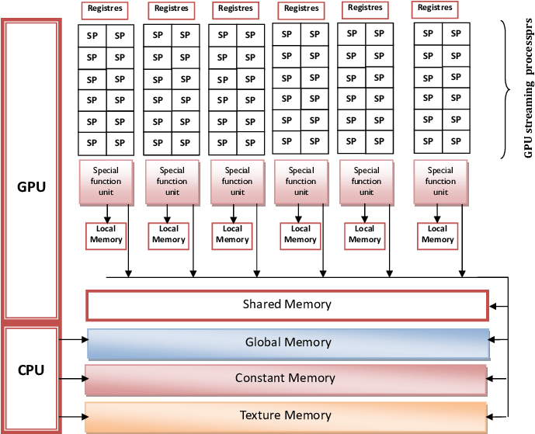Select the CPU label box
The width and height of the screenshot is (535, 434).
(x=31, y=370)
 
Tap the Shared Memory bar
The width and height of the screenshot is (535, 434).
(x=287, y=305)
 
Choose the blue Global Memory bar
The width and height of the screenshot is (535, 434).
(x=288, y=343)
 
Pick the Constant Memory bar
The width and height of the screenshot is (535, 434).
(x=285, y=379)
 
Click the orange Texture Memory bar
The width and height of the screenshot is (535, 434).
(x=285, y=416)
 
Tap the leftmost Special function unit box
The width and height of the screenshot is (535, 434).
(x=106, y=182)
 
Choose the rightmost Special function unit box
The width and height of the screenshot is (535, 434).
(x=440, y=182)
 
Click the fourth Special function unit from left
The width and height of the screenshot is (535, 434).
(x=301, y=182)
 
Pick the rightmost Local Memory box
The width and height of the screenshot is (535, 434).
(x=437, y=234)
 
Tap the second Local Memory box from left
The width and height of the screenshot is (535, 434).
(x=168, y=234)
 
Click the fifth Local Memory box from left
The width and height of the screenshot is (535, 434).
(x=364, y=234)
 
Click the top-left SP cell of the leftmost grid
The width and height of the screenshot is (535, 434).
(x=92, y=36)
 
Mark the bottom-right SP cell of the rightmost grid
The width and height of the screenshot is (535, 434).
(x=455, y=141)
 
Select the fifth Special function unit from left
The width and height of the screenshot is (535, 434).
(x=367, y=182)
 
